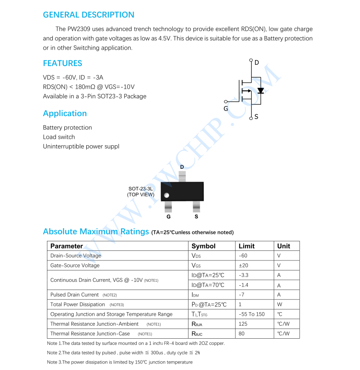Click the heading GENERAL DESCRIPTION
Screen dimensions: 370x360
[88, 15]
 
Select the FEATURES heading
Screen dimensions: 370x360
[62, 63]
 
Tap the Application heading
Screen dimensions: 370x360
[64, 113]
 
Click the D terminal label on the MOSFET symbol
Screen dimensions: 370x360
[257, 63]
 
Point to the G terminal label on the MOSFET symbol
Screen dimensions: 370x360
[225, 109]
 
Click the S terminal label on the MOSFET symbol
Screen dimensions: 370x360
[256, 117]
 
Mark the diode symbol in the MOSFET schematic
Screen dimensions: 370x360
[260, 91]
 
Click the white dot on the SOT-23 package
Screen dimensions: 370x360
[166, 195]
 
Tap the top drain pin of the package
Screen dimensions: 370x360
[182, 177]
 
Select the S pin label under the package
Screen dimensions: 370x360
[196, 217]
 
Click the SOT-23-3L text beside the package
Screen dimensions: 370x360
[140, 189]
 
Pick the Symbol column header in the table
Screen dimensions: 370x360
[203, 246]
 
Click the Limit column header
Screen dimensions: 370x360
[246, 246]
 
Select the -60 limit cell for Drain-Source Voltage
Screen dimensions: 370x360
[243, 256]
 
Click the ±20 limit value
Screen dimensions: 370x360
[243, 265]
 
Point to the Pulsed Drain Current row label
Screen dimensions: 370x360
[74, 295]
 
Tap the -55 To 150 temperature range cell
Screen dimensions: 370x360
[252, 314]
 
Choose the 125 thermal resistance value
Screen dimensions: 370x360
[243, 324]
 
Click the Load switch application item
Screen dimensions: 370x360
[59, 137]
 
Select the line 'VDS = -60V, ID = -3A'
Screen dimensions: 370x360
[73, 77]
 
